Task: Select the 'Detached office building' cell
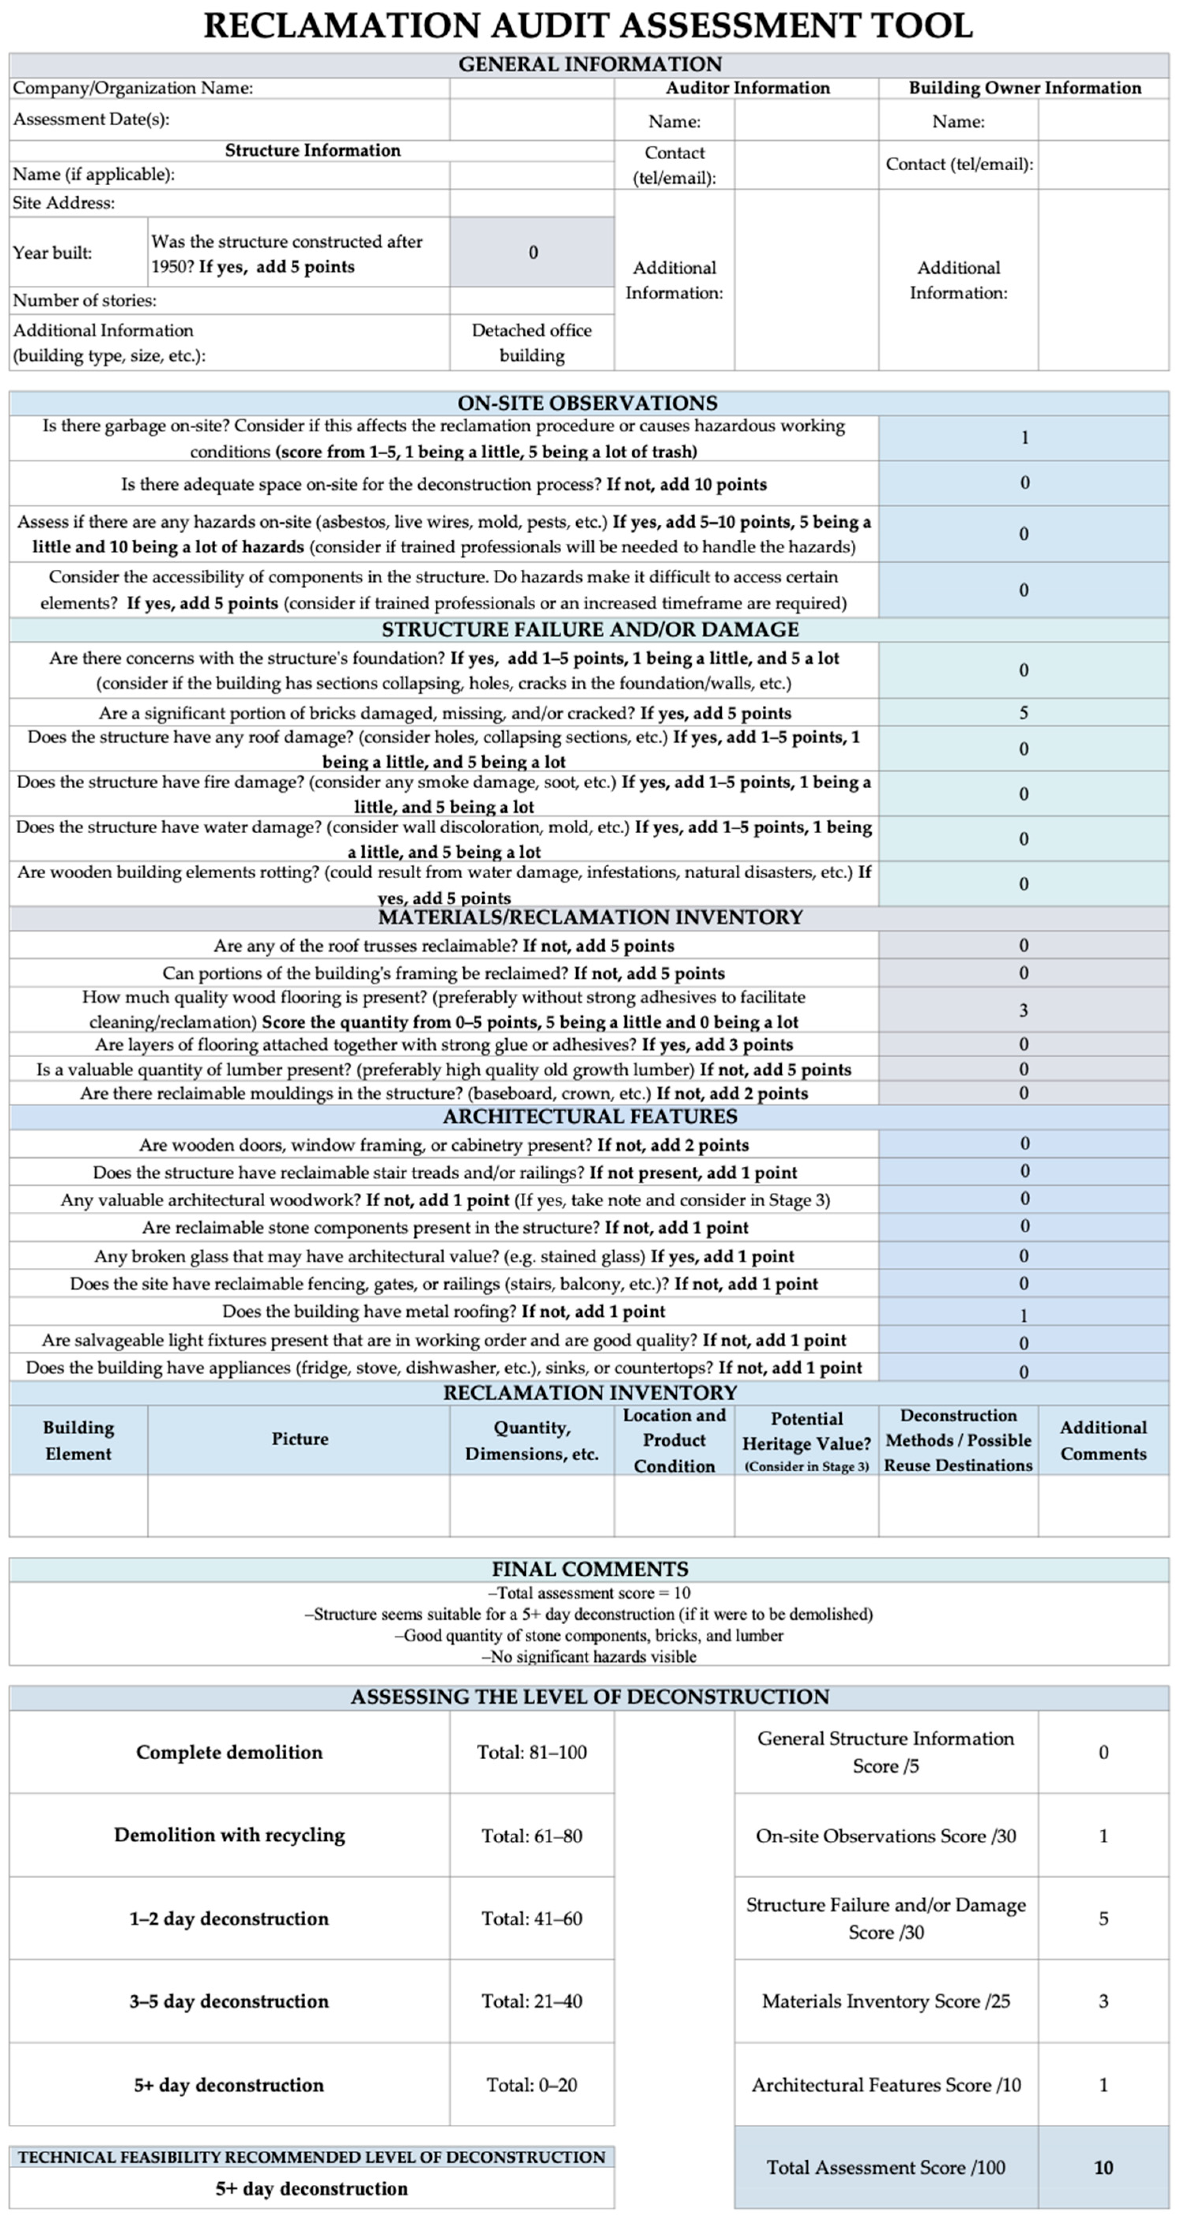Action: click(532, 342)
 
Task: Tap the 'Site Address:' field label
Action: click(64, 203)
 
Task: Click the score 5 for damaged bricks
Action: click(1023, 713)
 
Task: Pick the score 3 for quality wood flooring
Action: click(1023, 1010)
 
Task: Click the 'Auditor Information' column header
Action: click(747, 88)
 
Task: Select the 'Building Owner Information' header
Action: click(1024, 88)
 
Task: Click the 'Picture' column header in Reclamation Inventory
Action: click(299, 1439)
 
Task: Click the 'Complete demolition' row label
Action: click(229, 1752)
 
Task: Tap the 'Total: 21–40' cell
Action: click(532, 2001)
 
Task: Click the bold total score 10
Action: click(1103, 2167)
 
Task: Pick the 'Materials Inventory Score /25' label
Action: click(886, 2001)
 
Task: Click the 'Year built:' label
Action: click(53, 252)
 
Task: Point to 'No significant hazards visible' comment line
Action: click(589, 1656)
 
